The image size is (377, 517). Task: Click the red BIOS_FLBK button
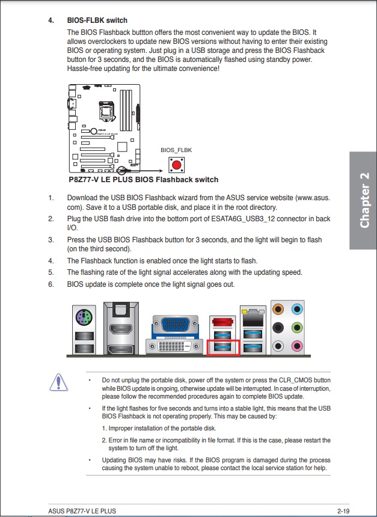point(177,164)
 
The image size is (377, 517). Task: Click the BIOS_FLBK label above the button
point(176,150)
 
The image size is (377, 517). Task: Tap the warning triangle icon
point(58,382)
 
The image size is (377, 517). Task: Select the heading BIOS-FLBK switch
point(97,20)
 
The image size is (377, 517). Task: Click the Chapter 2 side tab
point(364,200)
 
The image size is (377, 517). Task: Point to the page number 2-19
point(343,510)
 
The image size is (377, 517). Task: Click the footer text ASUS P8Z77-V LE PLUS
point(82,510)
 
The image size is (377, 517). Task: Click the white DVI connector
point(176,346)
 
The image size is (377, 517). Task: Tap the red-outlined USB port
point(223,346)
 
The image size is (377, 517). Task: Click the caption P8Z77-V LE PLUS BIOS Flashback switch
point(143,179)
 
